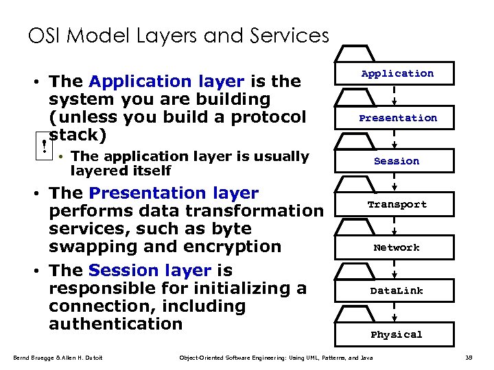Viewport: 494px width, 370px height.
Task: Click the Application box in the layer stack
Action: coord(397,73)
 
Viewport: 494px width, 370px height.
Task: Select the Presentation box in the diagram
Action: coord(397,118)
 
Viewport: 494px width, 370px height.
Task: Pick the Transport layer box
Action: coord(397,204)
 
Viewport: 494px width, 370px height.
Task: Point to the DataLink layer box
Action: coord(397,291)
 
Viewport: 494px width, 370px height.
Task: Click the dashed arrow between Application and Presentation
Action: coord(395,95)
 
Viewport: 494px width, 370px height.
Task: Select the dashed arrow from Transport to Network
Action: coord(395,225)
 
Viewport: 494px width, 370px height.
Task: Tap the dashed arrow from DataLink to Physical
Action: coord(395,312)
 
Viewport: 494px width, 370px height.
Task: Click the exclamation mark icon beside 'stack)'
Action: coord(44,145)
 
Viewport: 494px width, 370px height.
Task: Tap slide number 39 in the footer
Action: coord(469,358)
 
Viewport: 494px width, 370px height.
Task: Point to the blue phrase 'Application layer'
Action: coord(167,82)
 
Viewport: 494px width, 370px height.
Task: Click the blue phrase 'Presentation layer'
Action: coord(174,194)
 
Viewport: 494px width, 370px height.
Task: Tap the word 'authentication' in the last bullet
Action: coord(116,323)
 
